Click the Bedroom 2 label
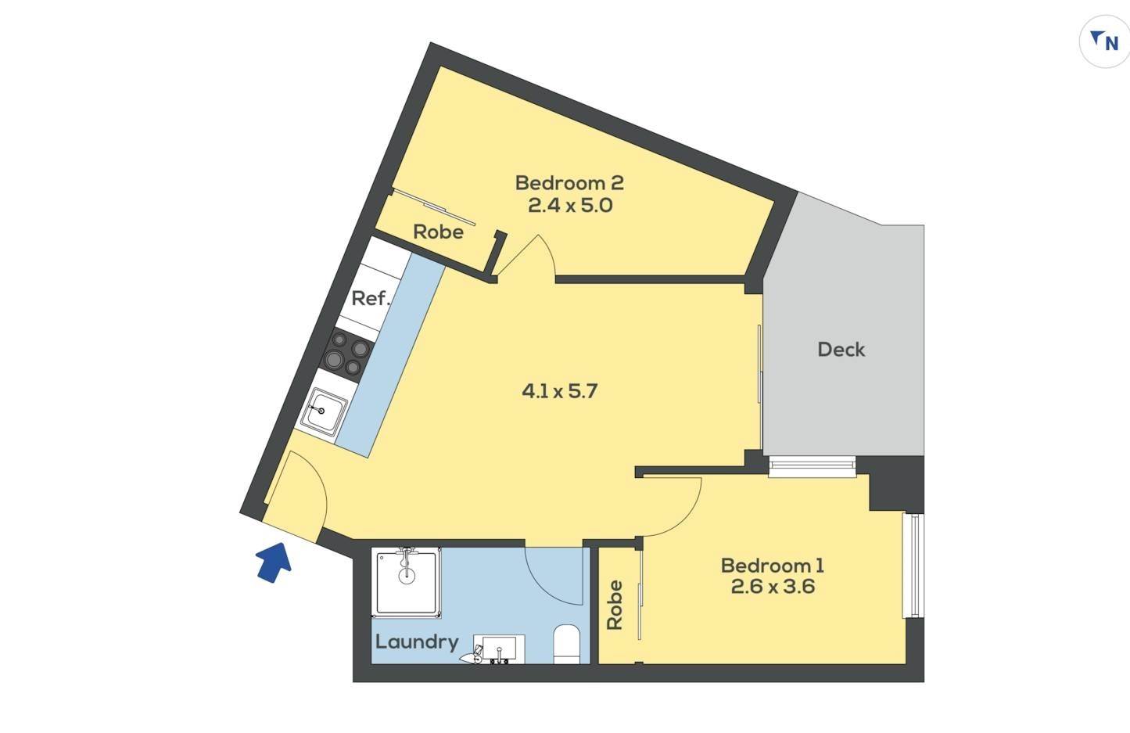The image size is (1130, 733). point(569,182)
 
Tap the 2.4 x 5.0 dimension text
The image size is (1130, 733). point(570,205)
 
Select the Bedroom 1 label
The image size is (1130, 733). point(773,566)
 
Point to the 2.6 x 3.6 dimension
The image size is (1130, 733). point(773,587)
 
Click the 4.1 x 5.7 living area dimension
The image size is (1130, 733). point(559,391)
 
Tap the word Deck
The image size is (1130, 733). point(841,350)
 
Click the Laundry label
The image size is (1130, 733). point(417,642)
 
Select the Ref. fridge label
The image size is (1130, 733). point(371,298)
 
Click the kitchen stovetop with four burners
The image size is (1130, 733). point(347,355)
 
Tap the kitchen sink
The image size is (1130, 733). point(323,411)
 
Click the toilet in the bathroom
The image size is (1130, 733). point(566,645)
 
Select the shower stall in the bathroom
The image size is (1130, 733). point(406,582)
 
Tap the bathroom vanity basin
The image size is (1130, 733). point(500,649)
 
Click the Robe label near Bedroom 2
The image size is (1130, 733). point(438,232)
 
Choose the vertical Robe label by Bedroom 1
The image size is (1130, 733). point(615,605)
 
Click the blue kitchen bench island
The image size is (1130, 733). point(389,354)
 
